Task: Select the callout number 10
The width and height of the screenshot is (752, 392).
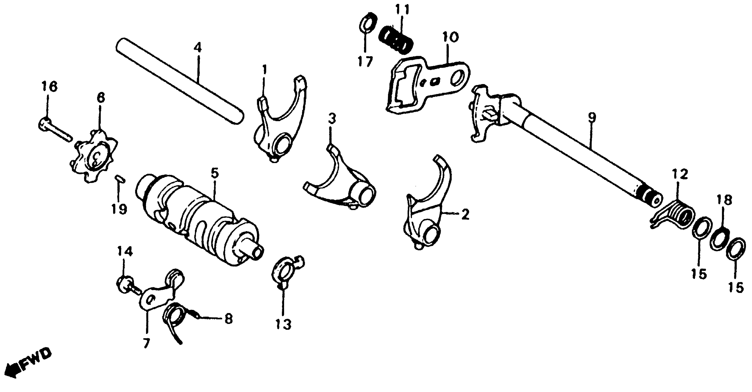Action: (450, 38)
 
